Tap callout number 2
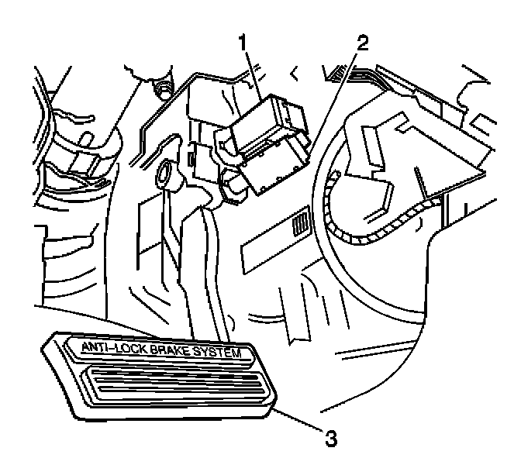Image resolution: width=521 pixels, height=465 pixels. coord(361,44)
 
